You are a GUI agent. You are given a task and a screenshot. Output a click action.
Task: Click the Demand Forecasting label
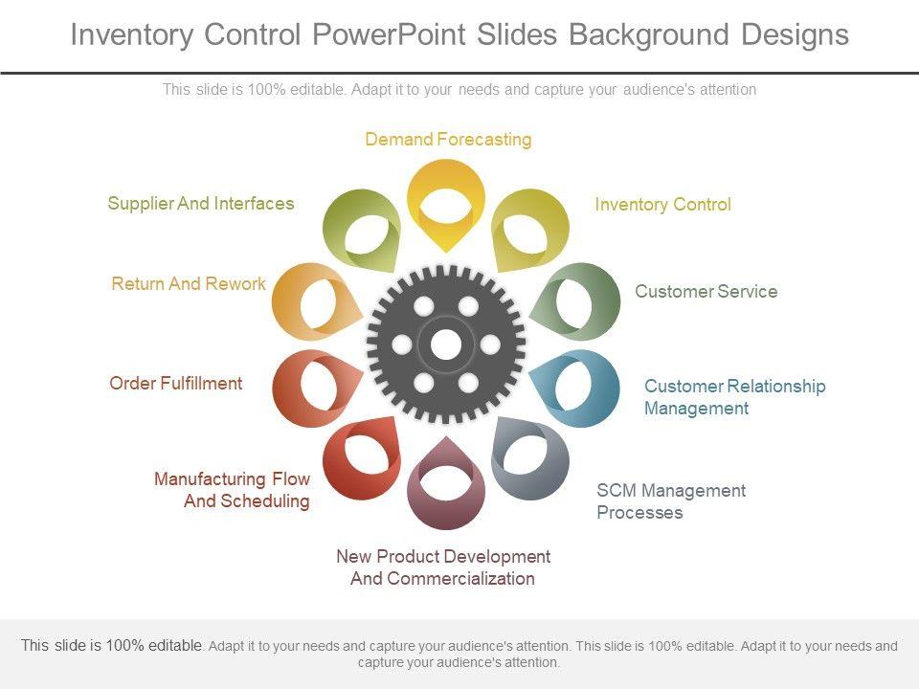[448, 140]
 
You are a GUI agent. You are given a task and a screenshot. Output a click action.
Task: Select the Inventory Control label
[662, 205]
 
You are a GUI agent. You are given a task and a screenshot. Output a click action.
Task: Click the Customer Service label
[706, 292]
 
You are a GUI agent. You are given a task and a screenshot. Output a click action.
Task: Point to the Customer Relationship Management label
[734, 397]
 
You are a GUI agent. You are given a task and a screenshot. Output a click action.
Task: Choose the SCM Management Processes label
[670, 501]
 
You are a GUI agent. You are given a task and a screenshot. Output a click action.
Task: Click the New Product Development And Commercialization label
[443, 567]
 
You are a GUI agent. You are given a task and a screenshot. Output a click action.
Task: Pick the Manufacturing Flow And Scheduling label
[232, 490]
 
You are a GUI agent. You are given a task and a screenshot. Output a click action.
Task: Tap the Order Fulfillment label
[176, 384]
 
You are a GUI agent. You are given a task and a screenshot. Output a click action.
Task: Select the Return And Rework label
[189, 284]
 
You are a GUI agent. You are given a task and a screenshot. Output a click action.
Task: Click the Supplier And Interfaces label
[201, 204]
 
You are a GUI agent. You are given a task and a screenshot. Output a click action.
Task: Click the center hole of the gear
[445, 344]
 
